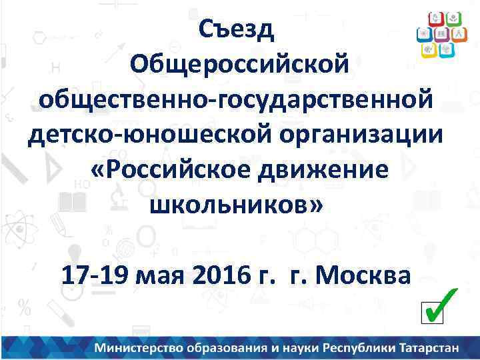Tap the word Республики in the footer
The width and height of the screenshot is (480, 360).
click(x=359, y=347)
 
